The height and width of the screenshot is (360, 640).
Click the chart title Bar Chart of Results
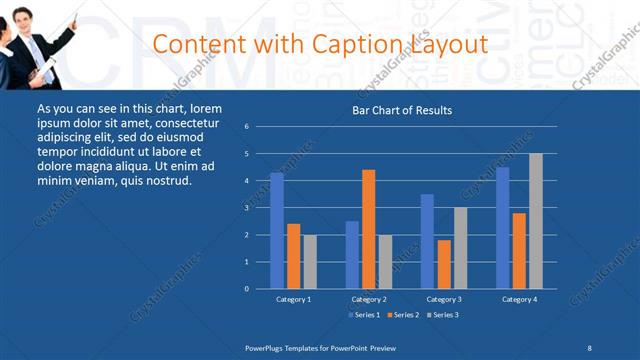point(401,110)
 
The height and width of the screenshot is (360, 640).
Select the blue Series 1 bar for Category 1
point(276,230)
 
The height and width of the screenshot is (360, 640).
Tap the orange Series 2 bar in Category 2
point(368,229)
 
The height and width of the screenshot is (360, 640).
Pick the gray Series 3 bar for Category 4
point(536,221)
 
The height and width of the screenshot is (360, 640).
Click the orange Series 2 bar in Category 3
point(444,264)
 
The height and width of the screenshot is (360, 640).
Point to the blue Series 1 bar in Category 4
point(503,227)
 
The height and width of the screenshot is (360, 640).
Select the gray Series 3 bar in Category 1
point(310,261)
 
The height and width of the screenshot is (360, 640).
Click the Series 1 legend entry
point(365,315)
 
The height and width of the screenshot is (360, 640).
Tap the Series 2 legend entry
point(403,315)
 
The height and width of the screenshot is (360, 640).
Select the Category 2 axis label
point(368,299)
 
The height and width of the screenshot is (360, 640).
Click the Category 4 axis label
point(519,299)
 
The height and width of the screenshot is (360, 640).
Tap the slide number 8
point(589,347)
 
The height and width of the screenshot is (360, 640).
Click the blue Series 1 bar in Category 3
point(427,241)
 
